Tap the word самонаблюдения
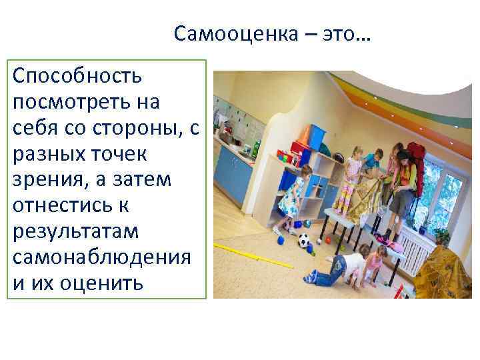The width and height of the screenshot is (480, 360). [101, 257]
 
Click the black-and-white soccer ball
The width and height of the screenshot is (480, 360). [304, 241]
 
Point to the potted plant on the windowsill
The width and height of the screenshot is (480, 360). [441, 233]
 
